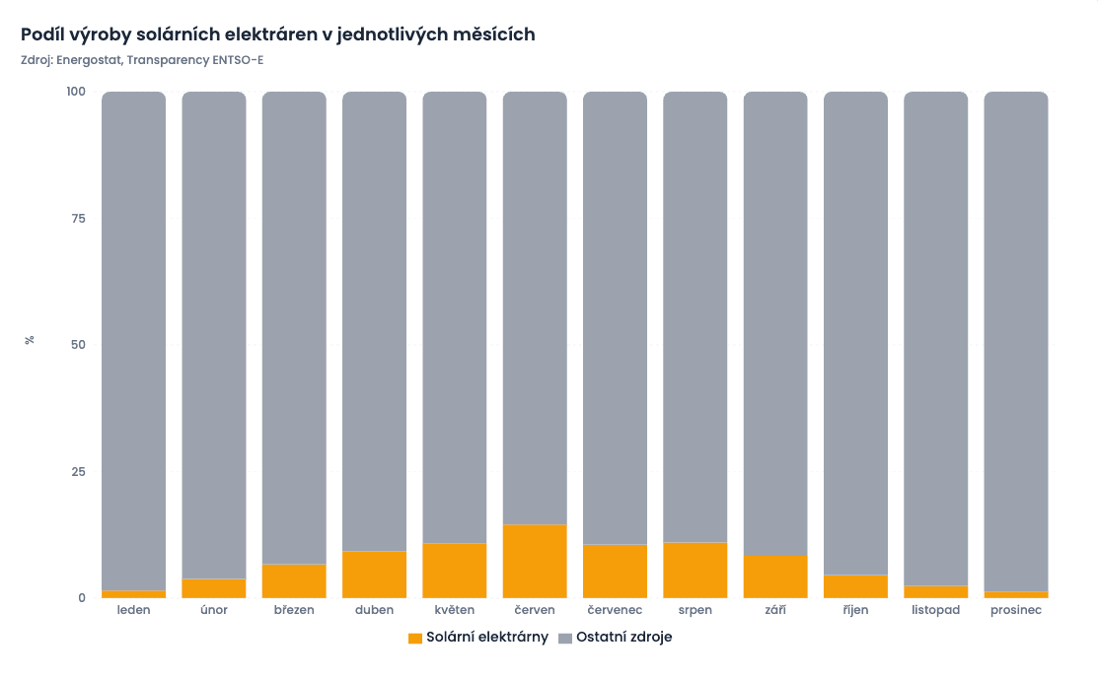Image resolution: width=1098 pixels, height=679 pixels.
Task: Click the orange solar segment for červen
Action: tap(535, 562)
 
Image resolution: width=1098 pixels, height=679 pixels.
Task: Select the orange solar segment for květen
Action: tap(454, 571)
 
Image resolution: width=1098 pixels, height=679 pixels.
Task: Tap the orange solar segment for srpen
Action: tap(695, 571)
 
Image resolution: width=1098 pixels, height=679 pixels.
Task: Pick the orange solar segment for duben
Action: tap(374, 575)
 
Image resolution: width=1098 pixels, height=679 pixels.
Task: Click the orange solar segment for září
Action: tap(775, 577)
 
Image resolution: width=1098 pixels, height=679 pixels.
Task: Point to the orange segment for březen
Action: tap(294, 581)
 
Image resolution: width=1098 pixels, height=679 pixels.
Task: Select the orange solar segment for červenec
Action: tap(615, 572)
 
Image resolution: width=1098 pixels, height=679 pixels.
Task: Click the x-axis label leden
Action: tap(133, 611)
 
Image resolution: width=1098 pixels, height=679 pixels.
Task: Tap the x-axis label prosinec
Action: tap(1016, 611)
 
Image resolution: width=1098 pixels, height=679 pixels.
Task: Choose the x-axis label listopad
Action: tap(935, 611)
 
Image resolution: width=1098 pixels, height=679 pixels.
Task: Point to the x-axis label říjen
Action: tap(855, 611)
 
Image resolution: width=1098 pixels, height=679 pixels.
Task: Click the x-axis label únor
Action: tap(213, 611)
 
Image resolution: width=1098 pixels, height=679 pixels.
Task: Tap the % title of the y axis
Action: tap(30, 340)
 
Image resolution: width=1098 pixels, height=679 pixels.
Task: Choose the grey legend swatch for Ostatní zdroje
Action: tap(565, 639)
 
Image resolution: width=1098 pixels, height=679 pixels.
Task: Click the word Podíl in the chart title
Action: tap(41, 34)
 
